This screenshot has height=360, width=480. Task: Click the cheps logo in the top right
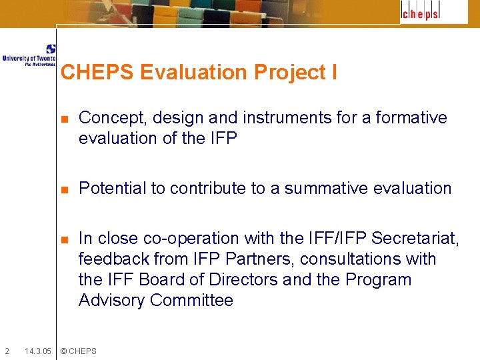click(x=425, y=12)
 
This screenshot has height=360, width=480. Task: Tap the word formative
click(x=411, y=118)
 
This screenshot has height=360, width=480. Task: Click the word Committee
click(x=191, y=301)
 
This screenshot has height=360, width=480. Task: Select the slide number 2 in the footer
click(x=7, y=351)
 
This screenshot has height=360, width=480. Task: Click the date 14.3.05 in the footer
click(x=37, y=351)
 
